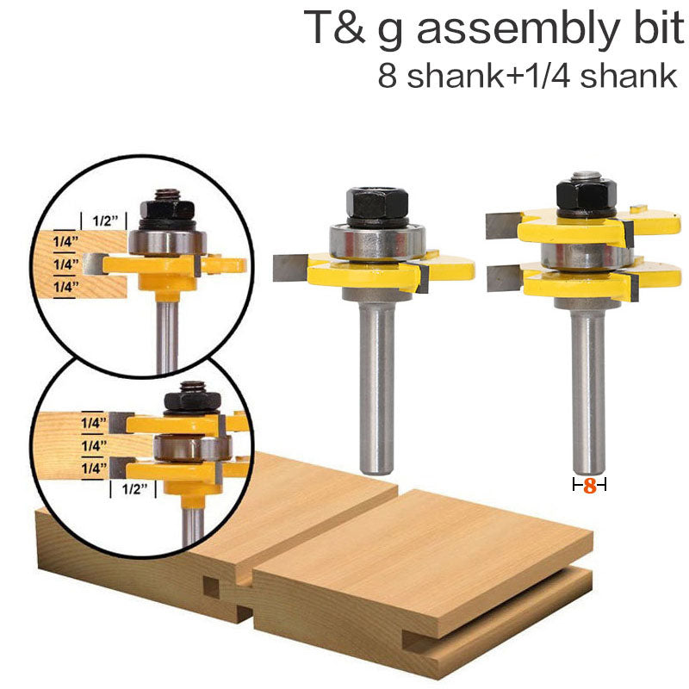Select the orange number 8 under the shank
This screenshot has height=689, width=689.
(590, 486)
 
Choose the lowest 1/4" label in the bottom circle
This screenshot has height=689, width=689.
(94, 468)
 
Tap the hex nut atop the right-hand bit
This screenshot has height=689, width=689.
(586, 191)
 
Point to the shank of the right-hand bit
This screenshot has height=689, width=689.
(589, 388)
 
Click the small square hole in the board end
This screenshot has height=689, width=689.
(210, 587)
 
